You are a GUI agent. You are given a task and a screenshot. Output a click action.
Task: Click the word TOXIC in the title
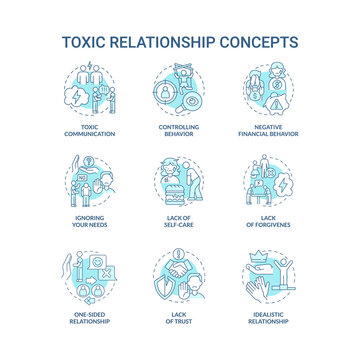90,42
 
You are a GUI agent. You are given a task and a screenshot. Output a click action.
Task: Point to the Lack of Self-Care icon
179,183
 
